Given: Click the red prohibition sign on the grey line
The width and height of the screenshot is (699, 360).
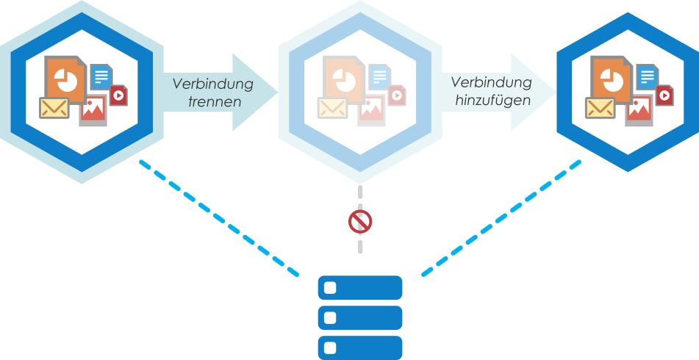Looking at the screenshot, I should [x=359, y=221].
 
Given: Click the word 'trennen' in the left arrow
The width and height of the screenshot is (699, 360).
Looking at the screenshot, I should [x=215, y=102].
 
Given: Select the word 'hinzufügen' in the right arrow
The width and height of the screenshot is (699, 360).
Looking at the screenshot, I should [x=492, y=101].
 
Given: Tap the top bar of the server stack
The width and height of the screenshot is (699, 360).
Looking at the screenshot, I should [x=360, y=287].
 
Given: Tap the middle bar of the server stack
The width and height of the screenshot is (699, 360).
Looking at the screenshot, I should [x=360, y=317].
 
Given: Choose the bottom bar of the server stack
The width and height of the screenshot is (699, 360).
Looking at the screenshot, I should [x=360, y=347].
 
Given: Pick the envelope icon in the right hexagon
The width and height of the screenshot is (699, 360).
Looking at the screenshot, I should [x=600, y=108].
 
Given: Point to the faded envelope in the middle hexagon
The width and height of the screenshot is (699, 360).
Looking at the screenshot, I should [x=332, y=108].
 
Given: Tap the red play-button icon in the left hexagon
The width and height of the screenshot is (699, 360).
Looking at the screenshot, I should [x=119, y=95].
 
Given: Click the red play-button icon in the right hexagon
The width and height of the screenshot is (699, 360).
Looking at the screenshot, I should [x=664, y=95].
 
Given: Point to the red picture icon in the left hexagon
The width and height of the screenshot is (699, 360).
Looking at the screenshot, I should [x=93, y=109].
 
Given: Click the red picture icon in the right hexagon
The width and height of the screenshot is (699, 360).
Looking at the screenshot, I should [x=639, y=109].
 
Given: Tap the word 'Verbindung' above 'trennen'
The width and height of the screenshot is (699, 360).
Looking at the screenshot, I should [x=213, y=83].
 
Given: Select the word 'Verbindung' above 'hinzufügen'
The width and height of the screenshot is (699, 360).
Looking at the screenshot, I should [x=492, y=82].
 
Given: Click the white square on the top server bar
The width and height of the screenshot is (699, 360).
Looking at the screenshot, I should [x=330, y=287].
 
